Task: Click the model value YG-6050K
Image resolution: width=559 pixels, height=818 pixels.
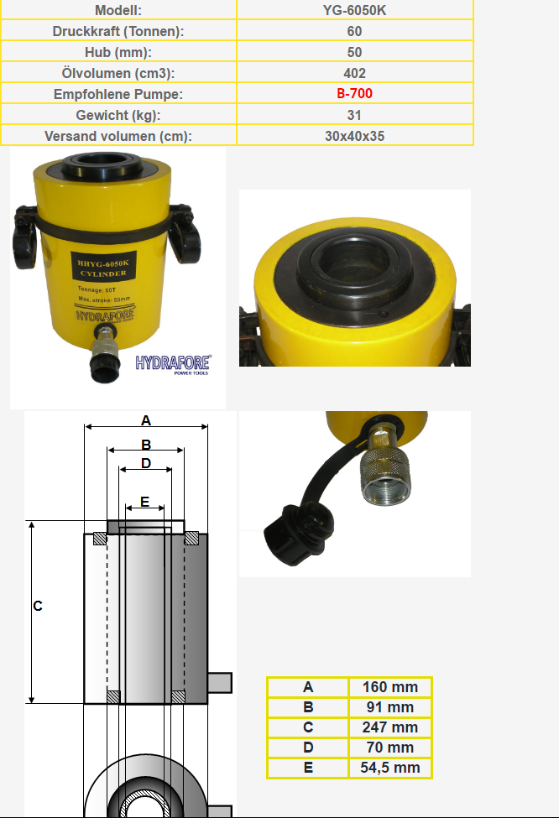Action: coord(354,10)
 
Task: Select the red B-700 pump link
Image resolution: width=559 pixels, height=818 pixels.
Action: coord(354,93)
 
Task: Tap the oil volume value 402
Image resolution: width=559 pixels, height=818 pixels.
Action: coord(354,73)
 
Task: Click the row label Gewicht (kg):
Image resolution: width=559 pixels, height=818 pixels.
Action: coord(118,115)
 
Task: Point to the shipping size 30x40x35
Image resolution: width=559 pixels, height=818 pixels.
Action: coord(354,136)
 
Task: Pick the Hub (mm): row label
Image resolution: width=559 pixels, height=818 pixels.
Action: coord(118,52)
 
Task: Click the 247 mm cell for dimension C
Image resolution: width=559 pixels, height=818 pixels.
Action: coord(390,727)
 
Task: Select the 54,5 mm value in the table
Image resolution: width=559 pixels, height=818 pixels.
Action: coord(390,768)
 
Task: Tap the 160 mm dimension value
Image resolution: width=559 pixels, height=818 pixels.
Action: coord(390,687)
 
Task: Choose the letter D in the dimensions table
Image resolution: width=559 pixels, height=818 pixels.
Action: coord(308,748)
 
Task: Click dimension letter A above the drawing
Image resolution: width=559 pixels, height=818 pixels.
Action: coord(145,420)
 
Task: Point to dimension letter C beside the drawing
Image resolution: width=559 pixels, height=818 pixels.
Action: coord(38,606)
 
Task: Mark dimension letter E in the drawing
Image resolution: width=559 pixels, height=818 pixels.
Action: coord(144,502)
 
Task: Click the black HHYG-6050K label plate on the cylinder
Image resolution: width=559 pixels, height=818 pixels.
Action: coord(103,268)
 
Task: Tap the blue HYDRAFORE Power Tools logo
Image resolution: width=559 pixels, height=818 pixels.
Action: coord(173,365)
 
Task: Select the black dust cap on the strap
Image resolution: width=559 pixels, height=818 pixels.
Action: coord(297,533)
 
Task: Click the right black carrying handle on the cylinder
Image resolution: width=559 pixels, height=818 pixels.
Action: coord(184,235)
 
